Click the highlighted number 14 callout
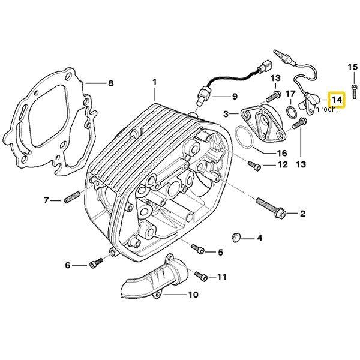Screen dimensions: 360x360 (337, 99)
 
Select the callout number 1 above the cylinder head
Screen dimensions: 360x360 (154, 82)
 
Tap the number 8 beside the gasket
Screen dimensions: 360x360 (110, 83)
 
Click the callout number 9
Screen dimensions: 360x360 (234, 97)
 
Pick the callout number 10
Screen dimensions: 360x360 (193, 295)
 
